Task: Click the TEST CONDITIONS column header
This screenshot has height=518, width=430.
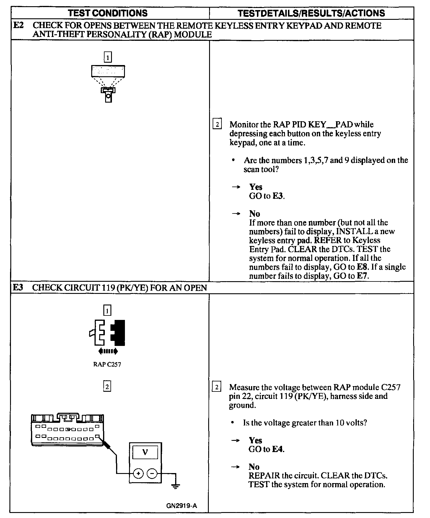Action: click(x=107, y=13)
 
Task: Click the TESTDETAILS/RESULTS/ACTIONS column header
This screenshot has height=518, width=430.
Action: click(x=311, y=13)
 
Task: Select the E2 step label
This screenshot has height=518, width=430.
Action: click(x=19, y=26)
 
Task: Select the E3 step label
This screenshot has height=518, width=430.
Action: click(x=18, y=287)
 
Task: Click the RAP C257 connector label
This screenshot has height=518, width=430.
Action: click(x=107, y=364)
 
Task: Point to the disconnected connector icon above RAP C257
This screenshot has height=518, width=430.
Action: click(x=107, y=332)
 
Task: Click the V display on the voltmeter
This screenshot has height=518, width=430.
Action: click(x=145, y=452)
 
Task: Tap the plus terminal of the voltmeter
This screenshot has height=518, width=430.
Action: click(x=138, y=473)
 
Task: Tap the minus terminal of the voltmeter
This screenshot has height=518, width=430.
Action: click(x=152, y=473)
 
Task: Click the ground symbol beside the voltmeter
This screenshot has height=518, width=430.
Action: click(x=175, y=485)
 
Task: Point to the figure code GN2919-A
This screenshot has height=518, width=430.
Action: click(x=182, y=505)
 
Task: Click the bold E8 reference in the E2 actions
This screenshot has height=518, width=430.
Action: click(x=363, y=267)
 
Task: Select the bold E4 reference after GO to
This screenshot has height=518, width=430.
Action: click(x=278, y=449)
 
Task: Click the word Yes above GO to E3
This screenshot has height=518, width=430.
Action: click(x=256, y=187)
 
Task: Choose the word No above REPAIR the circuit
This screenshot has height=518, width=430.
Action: click(x=254, y=467)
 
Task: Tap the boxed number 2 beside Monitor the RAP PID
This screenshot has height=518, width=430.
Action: click(x=217, y=124)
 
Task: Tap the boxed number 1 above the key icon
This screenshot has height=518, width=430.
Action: click(x=108, y=57)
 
